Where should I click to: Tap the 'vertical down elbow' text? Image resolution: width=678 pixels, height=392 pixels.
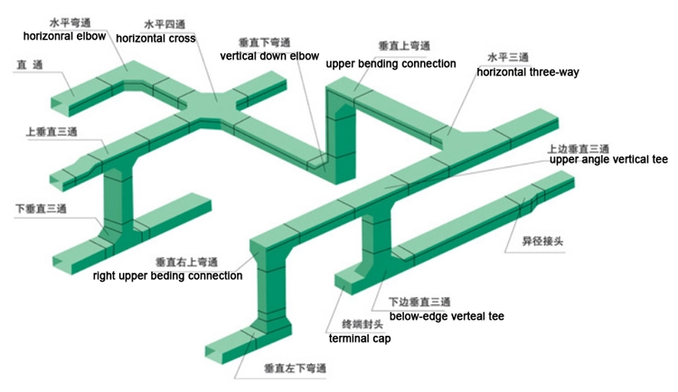point(269,56)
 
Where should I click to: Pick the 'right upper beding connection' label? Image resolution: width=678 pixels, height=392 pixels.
point(167,275)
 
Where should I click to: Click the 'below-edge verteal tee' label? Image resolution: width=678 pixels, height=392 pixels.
point(446,316)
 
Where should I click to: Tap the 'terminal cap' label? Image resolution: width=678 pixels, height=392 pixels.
point(360,339)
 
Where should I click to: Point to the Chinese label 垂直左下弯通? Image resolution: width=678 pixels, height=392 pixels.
point(294,369)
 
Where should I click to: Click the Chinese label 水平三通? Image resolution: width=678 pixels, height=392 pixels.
point(508,56)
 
